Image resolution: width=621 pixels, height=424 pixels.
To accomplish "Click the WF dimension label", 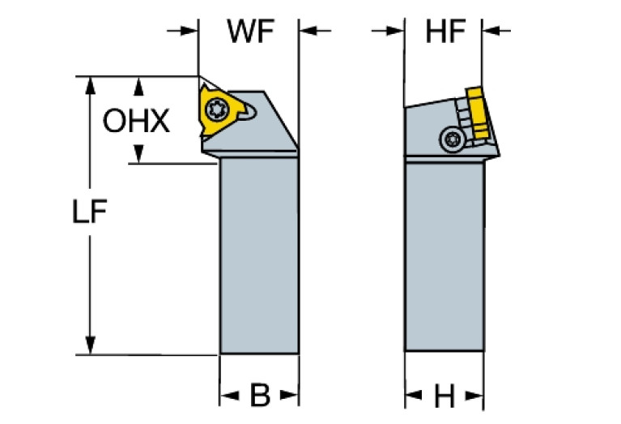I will pos(249,32).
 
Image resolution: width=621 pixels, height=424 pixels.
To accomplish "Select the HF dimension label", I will pos(445,32).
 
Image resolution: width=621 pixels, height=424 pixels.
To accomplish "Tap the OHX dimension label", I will pos(137,122).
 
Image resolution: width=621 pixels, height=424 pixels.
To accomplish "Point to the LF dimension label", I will pos(90,212).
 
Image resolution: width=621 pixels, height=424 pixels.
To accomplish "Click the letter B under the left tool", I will pos(259,396).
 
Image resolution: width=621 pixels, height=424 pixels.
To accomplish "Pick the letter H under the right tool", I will pos(444,396).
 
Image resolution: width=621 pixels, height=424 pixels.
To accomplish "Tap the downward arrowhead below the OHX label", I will pos(139,154).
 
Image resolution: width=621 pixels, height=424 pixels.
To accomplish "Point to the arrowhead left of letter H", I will pos(414,396).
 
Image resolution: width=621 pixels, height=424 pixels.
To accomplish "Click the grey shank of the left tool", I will pos(259,259).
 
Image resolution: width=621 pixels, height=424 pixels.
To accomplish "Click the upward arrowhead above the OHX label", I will pos(139,85).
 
